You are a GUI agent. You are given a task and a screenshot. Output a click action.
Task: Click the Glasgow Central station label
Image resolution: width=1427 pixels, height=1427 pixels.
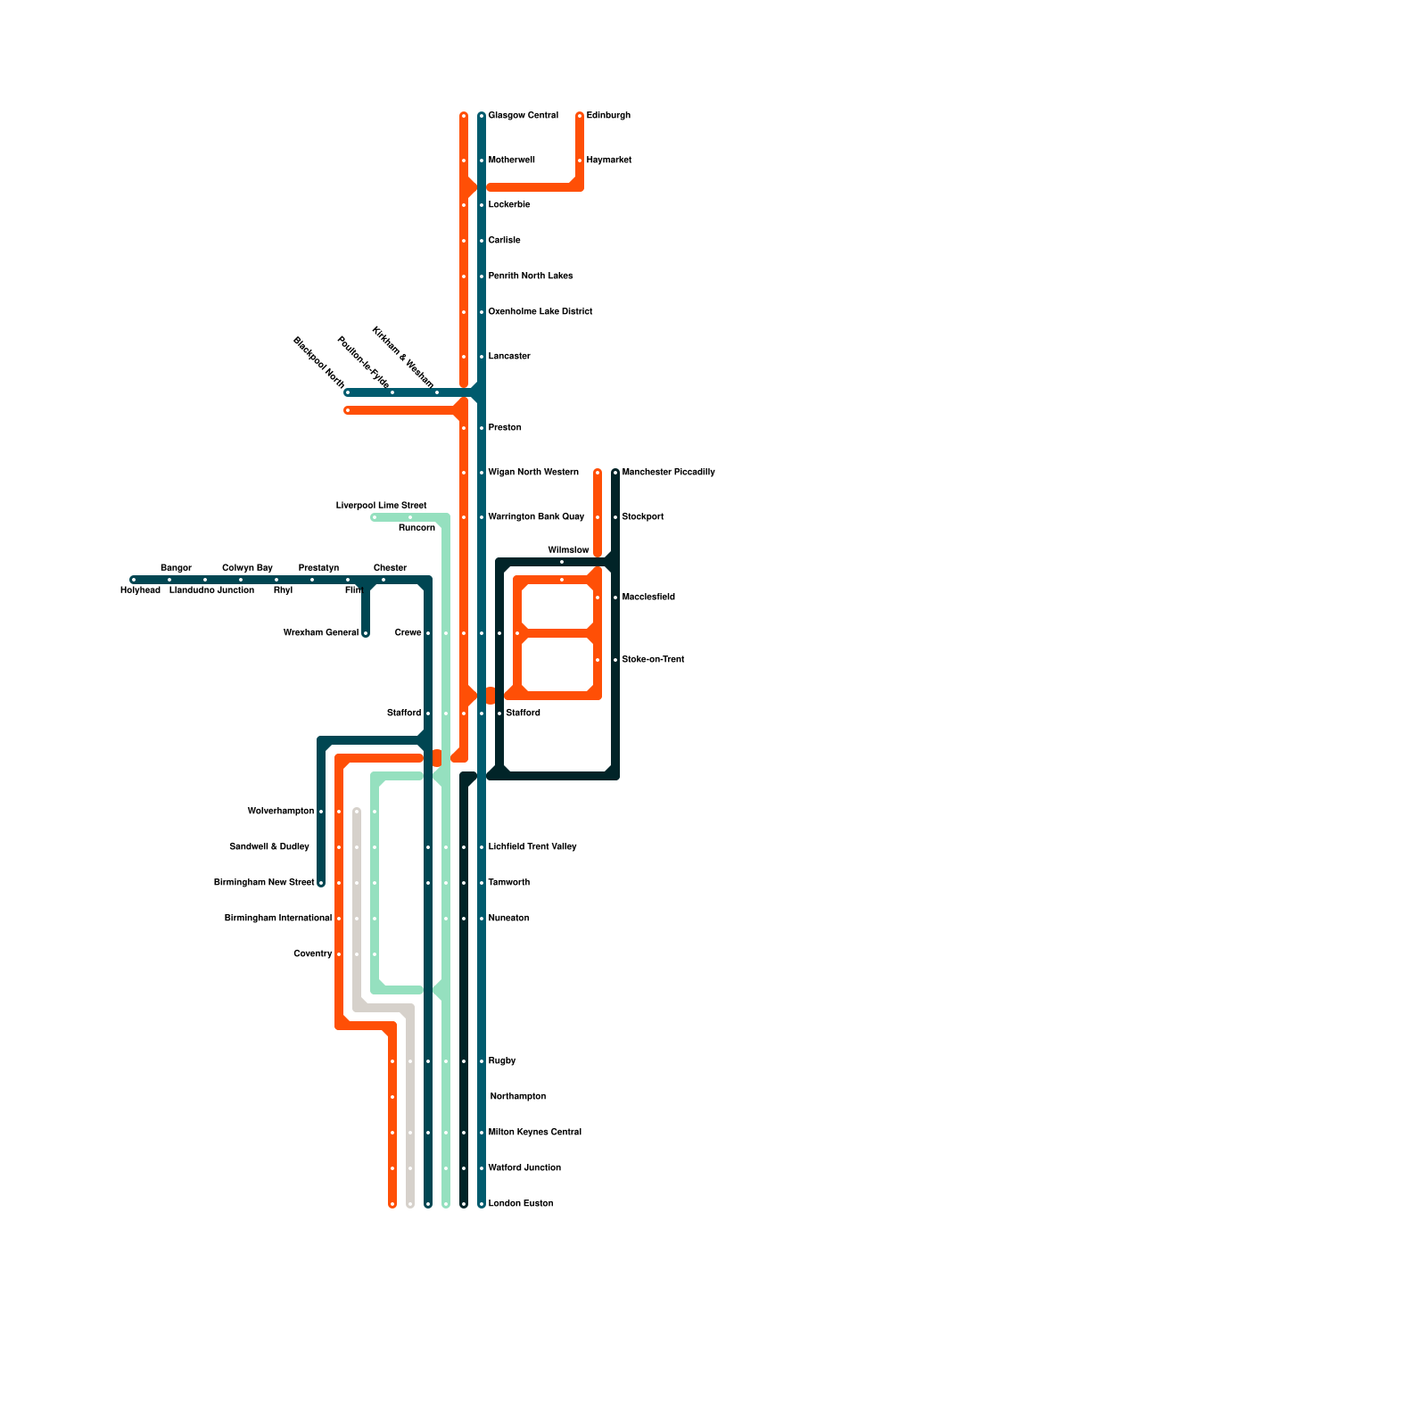pyautogui.click(x=523, y=116)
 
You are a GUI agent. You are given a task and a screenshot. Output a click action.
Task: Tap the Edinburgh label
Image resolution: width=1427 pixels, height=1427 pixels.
pyautogui.click(x=608, y=116)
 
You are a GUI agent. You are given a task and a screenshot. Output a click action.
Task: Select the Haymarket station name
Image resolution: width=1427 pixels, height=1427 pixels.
pyautogui.click(x=608, y=161)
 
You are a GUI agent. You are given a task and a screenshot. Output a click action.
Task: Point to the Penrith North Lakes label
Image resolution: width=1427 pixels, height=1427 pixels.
pyautogui.click(x=531, y=276)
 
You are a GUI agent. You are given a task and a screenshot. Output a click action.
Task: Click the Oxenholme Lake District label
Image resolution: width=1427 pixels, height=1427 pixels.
pyautogui.click(x=540, y=312)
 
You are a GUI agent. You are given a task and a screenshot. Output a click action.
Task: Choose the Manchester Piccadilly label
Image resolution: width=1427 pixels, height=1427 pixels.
pyautogui.click(x=668, y=473)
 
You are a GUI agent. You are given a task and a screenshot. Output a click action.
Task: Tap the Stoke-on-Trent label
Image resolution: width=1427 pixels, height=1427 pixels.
pyautogui.click(x=653, y=660)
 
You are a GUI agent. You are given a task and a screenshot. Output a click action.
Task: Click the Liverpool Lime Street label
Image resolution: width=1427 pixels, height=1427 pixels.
pyautogui.click(x=381, y=506)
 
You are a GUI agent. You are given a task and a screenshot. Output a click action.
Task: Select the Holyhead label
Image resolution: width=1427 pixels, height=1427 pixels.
pyautogui.click(x=140, y=590)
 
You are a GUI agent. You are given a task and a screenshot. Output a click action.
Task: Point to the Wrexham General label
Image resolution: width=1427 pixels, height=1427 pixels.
pyautogui.click(x=320, y=633)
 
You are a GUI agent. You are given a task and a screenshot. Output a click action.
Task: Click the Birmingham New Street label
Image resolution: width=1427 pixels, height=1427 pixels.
pyautogui.click(x=264, y=883)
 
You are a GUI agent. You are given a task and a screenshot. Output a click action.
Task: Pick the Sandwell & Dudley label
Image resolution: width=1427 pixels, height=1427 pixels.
pyautogui.click(x=269, y=847)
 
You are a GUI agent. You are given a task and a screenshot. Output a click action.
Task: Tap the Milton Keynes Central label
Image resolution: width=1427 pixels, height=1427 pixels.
pyautogui.click(x=534, y=1133)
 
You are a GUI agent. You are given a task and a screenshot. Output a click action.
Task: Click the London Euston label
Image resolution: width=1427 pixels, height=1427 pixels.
pyautogui.click(x=520, y=1204)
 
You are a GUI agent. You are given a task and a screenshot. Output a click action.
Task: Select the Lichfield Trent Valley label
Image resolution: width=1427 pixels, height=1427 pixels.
pyautogui.click(x=532, y=847)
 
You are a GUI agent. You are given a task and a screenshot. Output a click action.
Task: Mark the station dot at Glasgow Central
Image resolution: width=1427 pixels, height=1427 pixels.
pyautogui.click(x=482, y=116)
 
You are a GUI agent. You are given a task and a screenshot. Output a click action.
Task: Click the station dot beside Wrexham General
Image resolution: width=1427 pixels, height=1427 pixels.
pyautogui.click(x=366, y=633)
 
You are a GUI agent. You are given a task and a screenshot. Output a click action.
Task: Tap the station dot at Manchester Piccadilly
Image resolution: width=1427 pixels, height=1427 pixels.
pyautogui.click(x=615, y=473)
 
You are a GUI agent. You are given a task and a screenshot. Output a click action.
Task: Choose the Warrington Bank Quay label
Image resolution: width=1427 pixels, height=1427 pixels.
pyautogui.click(x=536, y=517)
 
